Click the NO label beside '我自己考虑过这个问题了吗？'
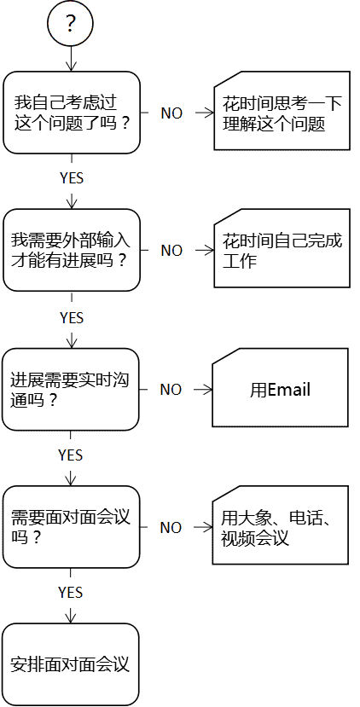(x=171, y=113)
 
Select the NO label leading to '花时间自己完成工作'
(x=171, y=251)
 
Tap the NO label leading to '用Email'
(x=171, y=390)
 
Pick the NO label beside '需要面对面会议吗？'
(x=171, y=528)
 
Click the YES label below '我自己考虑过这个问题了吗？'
(x=72, y=178)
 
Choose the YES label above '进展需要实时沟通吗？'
(x=72, y=318)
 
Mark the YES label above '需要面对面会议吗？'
(x=70, y=455)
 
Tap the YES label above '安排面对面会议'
(x=70, y=593)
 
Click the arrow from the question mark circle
(x=71, y=59)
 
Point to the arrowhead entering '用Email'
(x=207, y=390)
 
